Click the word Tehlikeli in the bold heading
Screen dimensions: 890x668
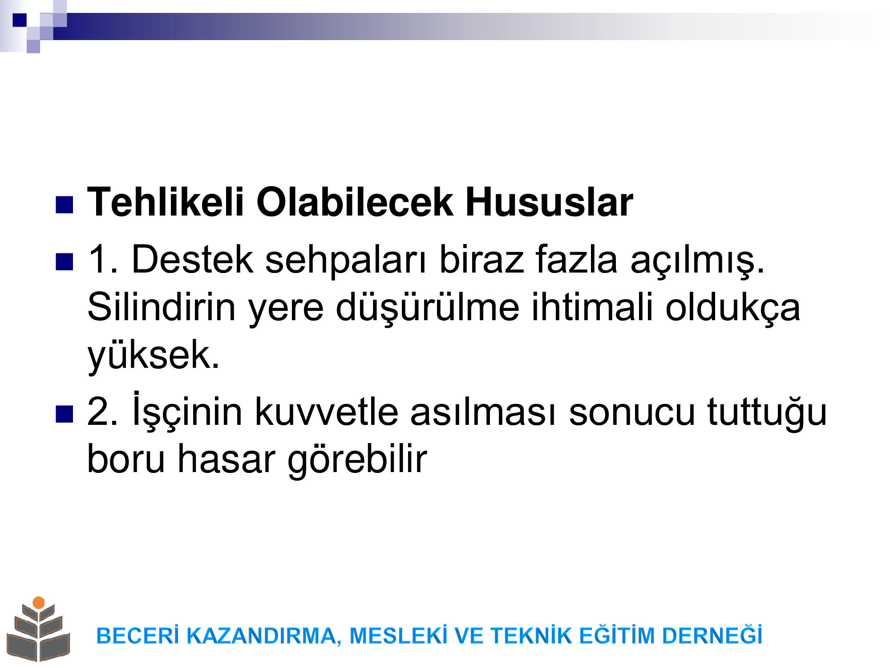(x=166, y=202)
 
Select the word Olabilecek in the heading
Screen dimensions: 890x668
(x=355, y=202)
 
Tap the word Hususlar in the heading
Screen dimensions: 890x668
(x=549, y=202)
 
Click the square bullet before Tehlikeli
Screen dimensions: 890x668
(x=64, y=205)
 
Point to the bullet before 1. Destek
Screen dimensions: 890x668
(x=64, y=262)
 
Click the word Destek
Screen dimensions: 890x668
(x=192, y=259)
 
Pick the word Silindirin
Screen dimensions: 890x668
(x=161, y=307)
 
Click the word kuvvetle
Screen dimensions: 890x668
(x=327, y=411)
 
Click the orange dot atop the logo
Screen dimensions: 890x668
(x=39, y=603)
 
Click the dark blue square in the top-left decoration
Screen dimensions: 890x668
(x=20, y=20)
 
